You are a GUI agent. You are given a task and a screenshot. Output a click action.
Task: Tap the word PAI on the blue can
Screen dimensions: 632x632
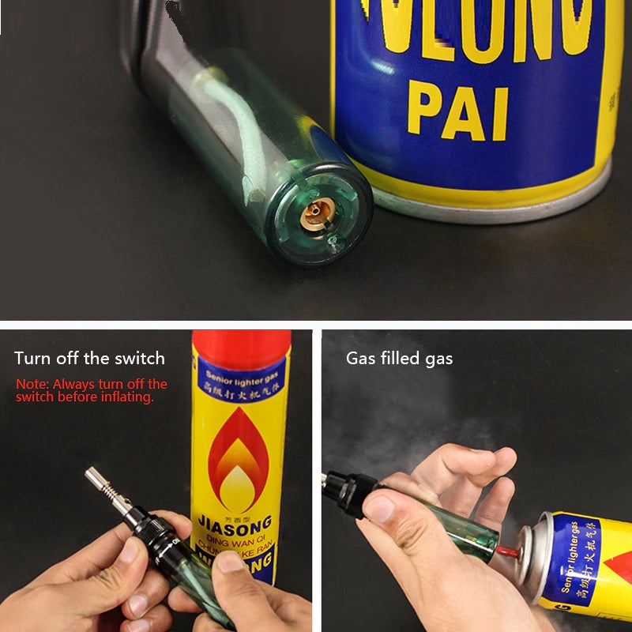click(x=457, y=113)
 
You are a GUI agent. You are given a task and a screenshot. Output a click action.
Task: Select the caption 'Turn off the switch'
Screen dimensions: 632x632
click(x=89, y=358)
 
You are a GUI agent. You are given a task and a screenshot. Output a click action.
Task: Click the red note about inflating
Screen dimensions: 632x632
click(x=92, y=390)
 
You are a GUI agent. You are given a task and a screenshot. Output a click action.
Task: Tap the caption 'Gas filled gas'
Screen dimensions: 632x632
click(x=399, y=358)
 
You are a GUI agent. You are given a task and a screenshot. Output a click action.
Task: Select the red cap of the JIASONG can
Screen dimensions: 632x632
click(x=240, y=348)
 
